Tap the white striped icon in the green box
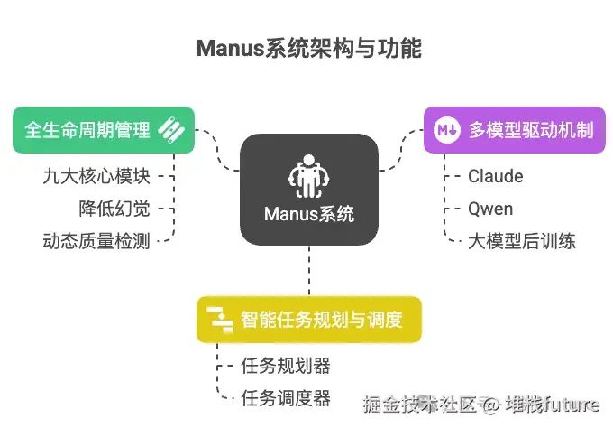tap(171, 130)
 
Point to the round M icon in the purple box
tap(445, 130)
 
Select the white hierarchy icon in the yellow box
tap(219, 319)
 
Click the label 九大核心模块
tap(96, 175)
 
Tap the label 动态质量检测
tap(96, 241)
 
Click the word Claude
tap(495, 175)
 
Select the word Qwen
tap(490, 209)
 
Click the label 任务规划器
tap(286, 366)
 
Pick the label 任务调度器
tap(286, 397)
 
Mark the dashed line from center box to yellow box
tap(309, 271)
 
